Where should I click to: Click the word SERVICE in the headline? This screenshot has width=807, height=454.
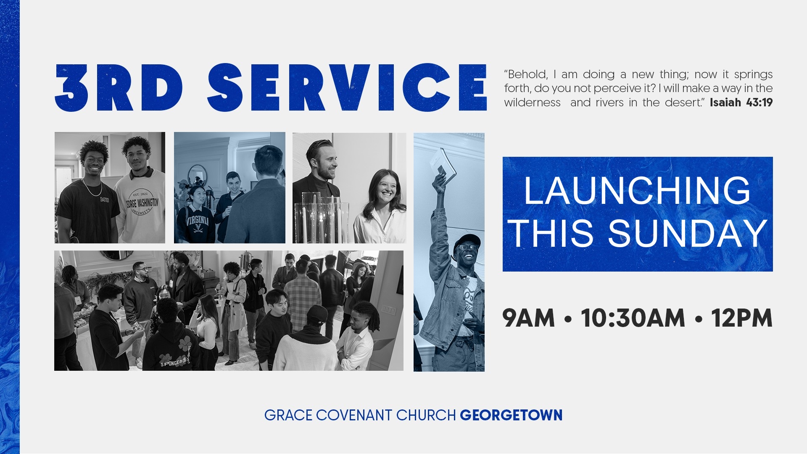(x=347, y=87)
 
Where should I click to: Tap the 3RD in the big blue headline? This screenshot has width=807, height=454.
(x=119, y=87)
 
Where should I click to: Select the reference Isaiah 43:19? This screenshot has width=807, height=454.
(x=741, y=103)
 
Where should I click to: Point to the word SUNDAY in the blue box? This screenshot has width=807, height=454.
(x=688, y=234)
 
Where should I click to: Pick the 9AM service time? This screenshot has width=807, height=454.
(x=528, y=318)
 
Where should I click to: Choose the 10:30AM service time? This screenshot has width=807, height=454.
(x=633, y=318)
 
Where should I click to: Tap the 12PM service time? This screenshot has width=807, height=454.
(x=742, y=318)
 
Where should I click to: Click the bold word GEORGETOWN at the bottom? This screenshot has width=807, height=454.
(x=511, y=415)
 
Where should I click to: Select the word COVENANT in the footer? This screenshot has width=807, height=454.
(x=354, y=415)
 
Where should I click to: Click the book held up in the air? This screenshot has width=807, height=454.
(x=442, y=165)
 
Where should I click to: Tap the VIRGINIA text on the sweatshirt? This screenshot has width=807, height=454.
(x=198, y=221)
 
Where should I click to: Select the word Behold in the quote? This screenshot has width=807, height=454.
(x=526, y=74)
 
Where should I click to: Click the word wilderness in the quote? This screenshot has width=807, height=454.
(x=532, y=103)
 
